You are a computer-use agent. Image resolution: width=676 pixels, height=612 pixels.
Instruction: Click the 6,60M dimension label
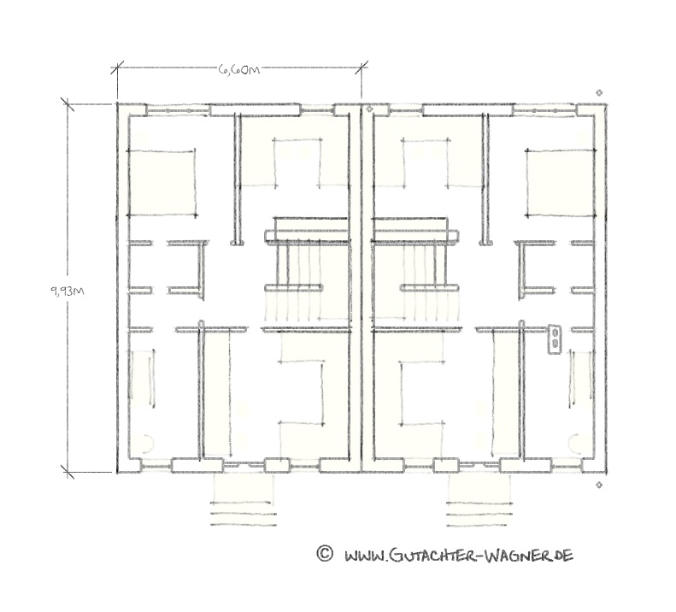(x=239, y=69)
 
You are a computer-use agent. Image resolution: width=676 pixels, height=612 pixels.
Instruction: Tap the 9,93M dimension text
(x=68, y=291)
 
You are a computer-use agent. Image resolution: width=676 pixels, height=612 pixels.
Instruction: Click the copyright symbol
(x=325, y=553)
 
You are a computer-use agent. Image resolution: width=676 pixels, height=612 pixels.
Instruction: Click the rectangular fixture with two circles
(x=555, y=339)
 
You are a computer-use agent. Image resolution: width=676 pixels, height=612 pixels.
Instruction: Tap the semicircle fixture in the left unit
(x=150, y=443)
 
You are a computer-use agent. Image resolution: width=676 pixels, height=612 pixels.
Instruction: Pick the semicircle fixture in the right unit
(x=573, y=443)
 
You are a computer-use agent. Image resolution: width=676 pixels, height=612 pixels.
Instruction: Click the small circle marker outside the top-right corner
(x=599, y=92)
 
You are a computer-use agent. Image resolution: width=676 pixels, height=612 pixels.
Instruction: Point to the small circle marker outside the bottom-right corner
(x=599, y=485)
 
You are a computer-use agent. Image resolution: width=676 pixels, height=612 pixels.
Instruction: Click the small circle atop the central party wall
(x=369, y=109)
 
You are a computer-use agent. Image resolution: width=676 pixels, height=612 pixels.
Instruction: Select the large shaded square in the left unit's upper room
(x=162, y=182)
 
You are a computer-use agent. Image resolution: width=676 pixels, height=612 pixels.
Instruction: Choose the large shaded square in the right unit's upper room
(x=561, y=182)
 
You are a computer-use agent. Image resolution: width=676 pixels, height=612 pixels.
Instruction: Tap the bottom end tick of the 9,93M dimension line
(x=68, y=472)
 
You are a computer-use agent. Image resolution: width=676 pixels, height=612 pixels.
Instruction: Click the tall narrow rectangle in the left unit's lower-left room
(x=143, y=379)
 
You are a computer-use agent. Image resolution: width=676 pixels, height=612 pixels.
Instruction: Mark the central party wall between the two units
(x=361, y=288)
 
